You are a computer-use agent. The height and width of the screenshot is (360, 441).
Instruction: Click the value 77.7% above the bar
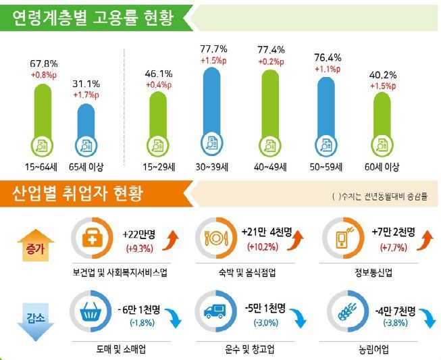pos(213,49)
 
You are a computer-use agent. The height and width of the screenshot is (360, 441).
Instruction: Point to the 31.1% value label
pos(86,84)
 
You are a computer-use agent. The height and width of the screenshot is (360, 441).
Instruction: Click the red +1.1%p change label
pos(328,69)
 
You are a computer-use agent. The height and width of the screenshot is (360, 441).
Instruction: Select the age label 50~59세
pos(328,166)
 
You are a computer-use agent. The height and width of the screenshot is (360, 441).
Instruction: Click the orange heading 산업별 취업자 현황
pos(78,195)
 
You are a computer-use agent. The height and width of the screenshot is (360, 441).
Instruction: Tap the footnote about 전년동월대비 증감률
pos(380,197)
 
